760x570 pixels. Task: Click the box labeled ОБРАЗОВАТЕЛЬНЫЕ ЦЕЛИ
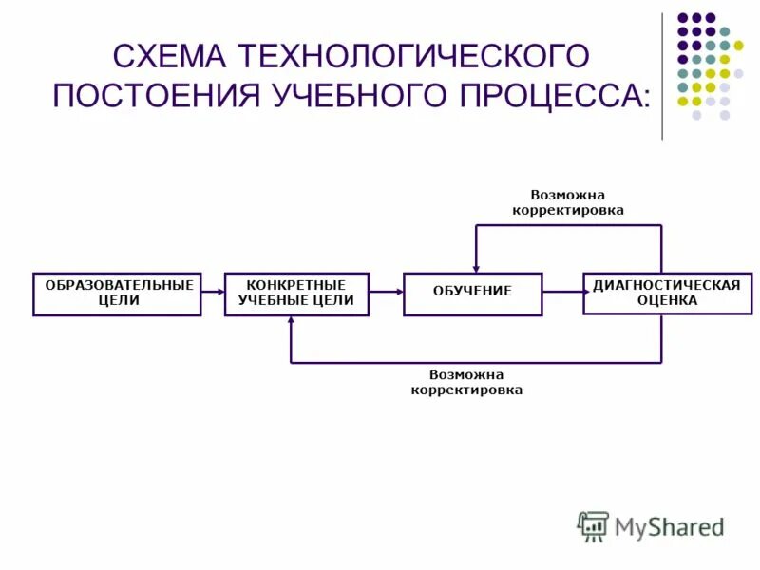point(117,294)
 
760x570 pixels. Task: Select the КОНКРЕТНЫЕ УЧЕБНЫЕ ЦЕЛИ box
point(296,294)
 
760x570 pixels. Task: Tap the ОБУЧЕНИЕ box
point(472,294)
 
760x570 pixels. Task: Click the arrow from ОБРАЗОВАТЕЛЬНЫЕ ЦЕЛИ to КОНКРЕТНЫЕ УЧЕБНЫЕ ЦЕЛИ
point(213,292)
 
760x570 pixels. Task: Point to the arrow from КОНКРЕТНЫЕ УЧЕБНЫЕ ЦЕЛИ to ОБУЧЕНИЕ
point(386,292)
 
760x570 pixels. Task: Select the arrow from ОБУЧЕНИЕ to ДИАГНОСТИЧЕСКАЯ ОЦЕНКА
point(562,292)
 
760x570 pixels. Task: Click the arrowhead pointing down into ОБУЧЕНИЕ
point(476,266)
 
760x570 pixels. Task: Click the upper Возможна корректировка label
point(568,202)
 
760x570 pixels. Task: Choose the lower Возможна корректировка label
point(466,382)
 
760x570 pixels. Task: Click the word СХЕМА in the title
point(168,56)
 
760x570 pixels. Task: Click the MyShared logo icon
point(594,526)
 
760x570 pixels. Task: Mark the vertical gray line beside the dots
point(662,76)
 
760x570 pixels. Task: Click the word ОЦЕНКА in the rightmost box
point(666,300)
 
